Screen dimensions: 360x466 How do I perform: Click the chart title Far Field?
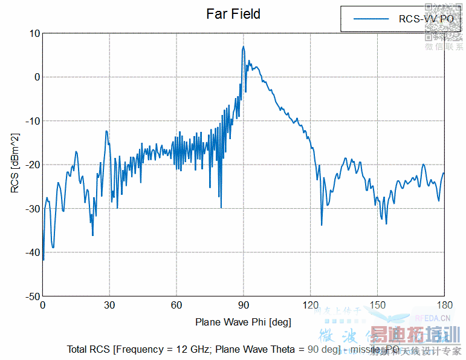(x=233, y=14)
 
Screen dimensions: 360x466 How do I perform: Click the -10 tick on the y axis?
(x=33, y=121)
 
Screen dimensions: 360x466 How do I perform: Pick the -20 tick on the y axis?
(x=33, y=165)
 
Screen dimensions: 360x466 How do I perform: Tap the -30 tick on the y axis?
(x=33, y=209)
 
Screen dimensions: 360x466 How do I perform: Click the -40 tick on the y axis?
(x=33, y=253)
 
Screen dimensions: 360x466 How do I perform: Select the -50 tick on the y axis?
(x=33, y=296)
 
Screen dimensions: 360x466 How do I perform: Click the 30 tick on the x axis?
(x=109, y=306)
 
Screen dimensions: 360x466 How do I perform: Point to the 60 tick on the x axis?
(x=176, y=306)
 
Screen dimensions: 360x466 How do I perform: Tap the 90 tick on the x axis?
(x=244, y=306)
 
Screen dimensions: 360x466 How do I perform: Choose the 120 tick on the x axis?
(x=311, y=306)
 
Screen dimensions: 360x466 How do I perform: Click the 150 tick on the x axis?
(x=378, y=306)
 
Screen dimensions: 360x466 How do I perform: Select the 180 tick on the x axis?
(x=444, y=306)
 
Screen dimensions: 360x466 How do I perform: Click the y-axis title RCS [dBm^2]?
(x=15, y=163)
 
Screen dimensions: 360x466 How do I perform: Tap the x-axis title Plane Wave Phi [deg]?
(x=243, y=322)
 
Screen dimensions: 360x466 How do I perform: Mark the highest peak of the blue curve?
(x=244, y=47)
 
